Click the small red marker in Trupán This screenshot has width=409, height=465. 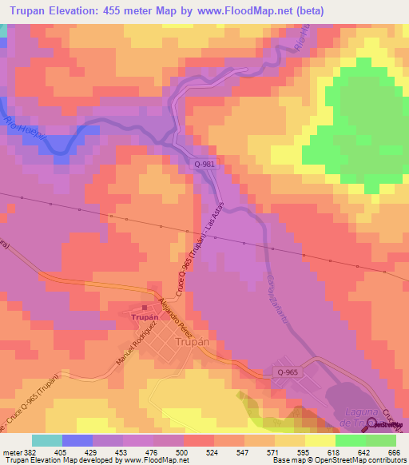pyautogui.click(x=145, y=307)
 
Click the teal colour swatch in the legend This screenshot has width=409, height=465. pyautogui.click(x=47, y=440)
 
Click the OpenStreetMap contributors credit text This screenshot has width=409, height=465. pyautogui.click(x=364, y=460)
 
